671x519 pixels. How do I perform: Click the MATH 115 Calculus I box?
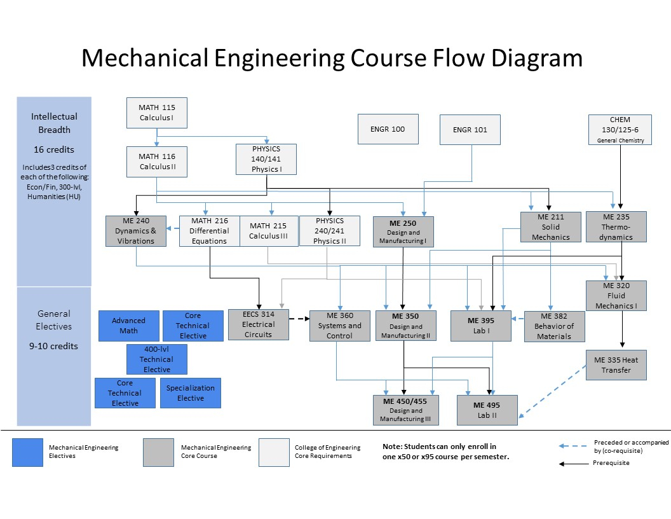click(x=156, y=113)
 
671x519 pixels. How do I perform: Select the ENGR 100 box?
click(x=388, y=129)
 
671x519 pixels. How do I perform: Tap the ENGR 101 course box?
click(x=470, y=130)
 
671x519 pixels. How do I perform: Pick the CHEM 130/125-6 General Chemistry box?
click(x=620, y=130)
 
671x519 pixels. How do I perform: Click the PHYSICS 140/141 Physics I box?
click(x=266, y=159)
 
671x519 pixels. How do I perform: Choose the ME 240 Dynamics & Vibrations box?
click(x=135, y=231)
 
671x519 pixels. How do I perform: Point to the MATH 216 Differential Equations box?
click(x=209, y=231)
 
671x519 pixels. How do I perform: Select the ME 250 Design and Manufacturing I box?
click(x=403, y=232)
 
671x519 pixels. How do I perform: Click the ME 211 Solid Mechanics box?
click(x=550, y=227)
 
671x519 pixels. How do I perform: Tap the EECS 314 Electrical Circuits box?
click(x=259, y=324)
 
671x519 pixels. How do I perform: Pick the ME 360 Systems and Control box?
click(x=340, y=326)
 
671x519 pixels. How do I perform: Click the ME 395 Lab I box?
click(x=481, y=326)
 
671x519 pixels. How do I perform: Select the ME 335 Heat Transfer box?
click(x=616, y=365)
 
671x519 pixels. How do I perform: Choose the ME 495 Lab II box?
click(x=487, y=410)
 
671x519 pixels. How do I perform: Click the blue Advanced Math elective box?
click(x=129, y=326)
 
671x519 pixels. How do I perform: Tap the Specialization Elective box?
click(x=191, y=393)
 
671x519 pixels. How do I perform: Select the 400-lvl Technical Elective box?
click(x=156, y=359)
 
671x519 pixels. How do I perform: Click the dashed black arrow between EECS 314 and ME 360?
click(x=299, y=319)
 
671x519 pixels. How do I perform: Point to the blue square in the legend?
click(x=27, y=452)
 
